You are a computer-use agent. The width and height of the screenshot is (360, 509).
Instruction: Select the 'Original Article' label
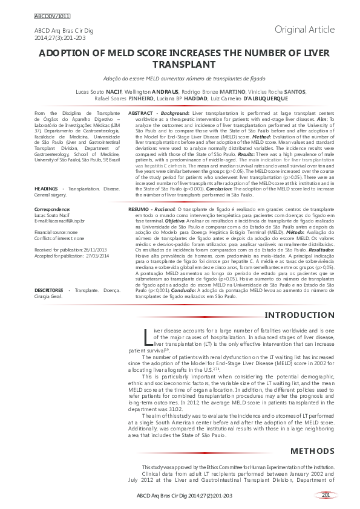pos(304,29)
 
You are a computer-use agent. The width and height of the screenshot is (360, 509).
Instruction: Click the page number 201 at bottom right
pos(326,496)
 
